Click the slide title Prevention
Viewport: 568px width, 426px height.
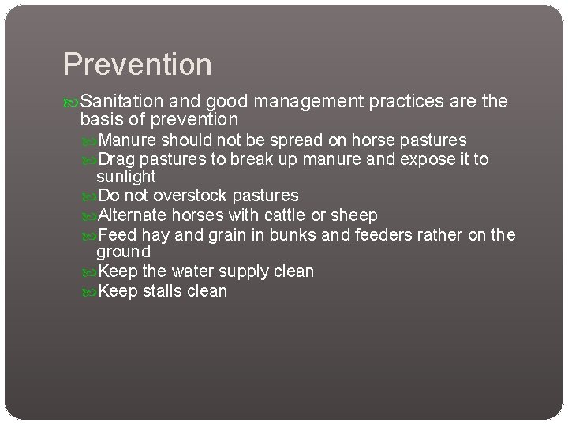point(137,65)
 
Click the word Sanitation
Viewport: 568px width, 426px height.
point(123,101)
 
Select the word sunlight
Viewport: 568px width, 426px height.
point(126,177)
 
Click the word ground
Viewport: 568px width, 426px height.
point(123,252)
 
